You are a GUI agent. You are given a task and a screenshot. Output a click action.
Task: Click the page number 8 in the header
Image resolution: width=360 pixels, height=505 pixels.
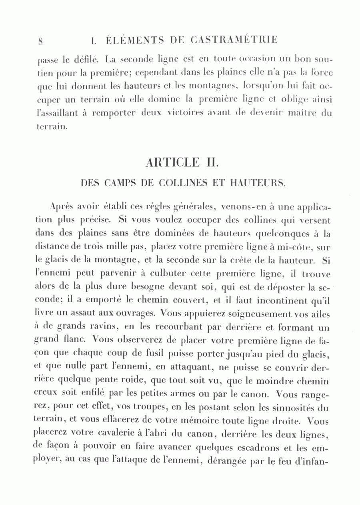41,41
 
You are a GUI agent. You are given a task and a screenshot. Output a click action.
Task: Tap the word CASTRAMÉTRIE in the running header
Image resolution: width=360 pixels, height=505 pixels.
234,40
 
